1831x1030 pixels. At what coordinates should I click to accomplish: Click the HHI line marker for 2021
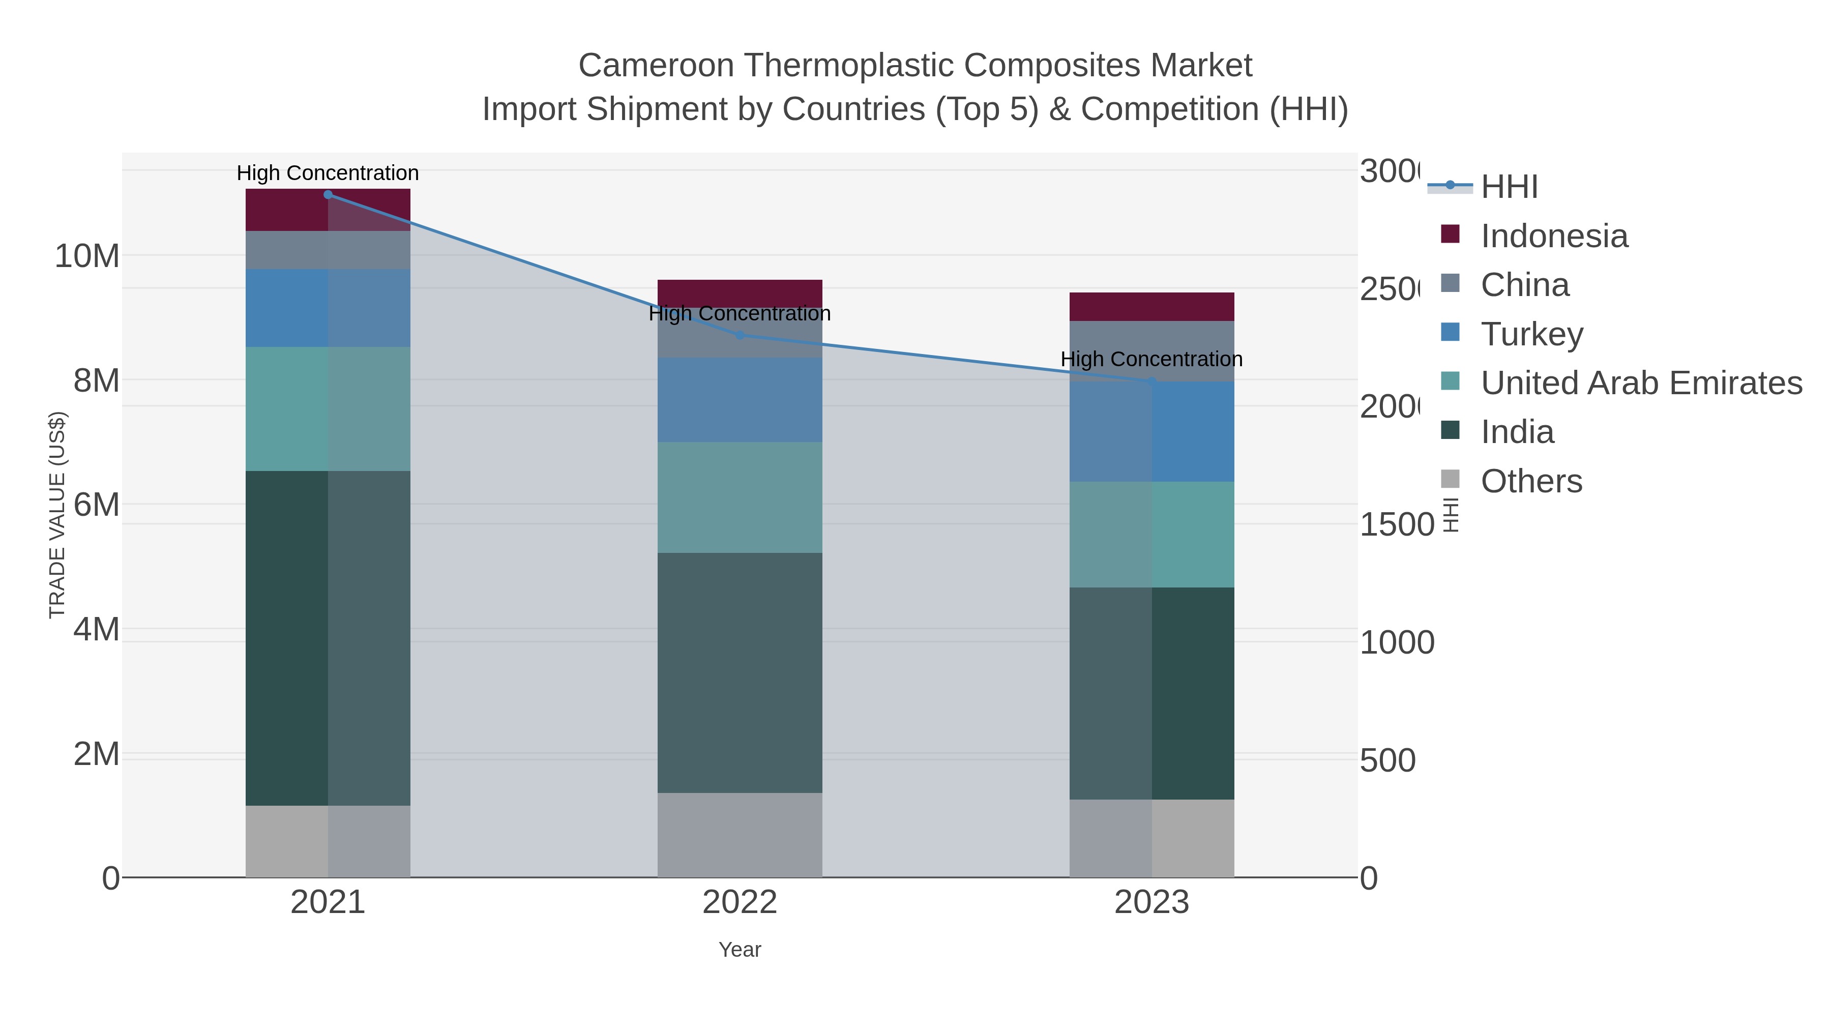click(x=328, y=195)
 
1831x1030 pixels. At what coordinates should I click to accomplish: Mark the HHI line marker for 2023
click(x=1151, y=381)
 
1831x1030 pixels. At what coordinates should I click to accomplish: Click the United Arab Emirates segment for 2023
click(x=1151, y=535)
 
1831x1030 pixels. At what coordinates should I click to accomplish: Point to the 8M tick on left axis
click(x=97, y=381)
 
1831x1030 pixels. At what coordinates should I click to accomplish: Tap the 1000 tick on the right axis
click(x=1397, y=642)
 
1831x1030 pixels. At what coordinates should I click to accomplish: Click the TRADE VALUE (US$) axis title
click(x=57, y=515)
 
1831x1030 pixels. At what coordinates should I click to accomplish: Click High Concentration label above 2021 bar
click(x=328, y=173)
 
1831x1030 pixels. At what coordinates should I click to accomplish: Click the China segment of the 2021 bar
click(x=328, y=250)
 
